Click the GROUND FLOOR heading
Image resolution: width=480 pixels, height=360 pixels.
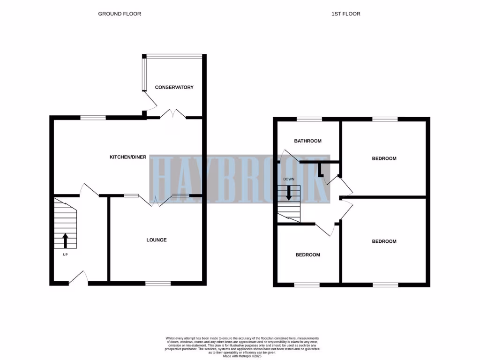point(120,14)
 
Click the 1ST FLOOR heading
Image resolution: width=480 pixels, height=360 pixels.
point(345,14)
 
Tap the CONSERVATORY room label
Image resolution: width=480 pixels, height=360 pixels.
point(174,87)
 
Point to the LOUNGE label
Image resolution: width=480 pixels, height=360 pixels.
point(156,240)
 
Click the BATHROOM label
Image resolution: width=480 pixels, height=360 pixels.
point(307,141)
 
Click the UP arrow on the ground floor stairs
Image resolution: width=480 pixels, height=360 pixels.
point(65,240)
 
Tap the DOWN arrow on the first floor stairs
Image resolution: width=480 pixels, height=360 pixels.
point(289,193)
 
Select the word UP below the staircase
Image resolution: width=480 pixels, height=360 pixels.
point(65,255)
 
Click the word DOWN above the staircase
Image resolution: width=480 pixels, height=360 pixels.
point(289,179)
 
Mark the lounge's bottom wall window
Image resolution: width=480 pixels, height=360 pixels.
point(158,283)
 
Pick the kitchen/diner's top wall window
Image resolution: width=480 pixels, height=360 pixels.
point(93,118)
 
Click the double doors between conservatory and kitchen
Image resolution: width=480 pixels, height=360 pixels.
point(173,114)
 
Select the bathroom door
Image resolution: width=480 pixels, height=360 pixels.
point(291,157)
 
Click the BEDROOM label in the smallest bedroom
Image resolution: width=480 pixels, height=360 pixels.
point(307,255)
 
